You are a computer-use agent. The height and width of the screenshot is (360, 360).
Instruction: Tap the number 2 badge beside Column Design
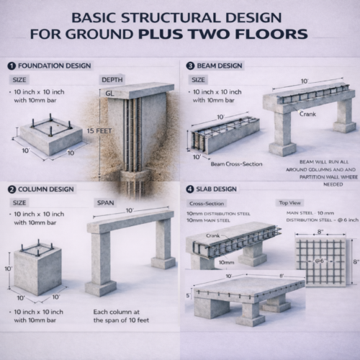tap(12, 189)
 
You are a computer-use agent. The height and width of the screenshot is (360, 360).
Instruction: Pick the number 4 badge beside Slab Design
tap(190, 189)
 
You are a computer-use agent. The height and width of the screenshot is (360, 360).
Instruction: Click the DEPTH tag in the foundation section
tap(112, 79)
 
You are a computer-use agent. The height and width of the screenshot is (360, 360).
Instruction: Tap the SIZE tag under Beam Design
tap(199, 79)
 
